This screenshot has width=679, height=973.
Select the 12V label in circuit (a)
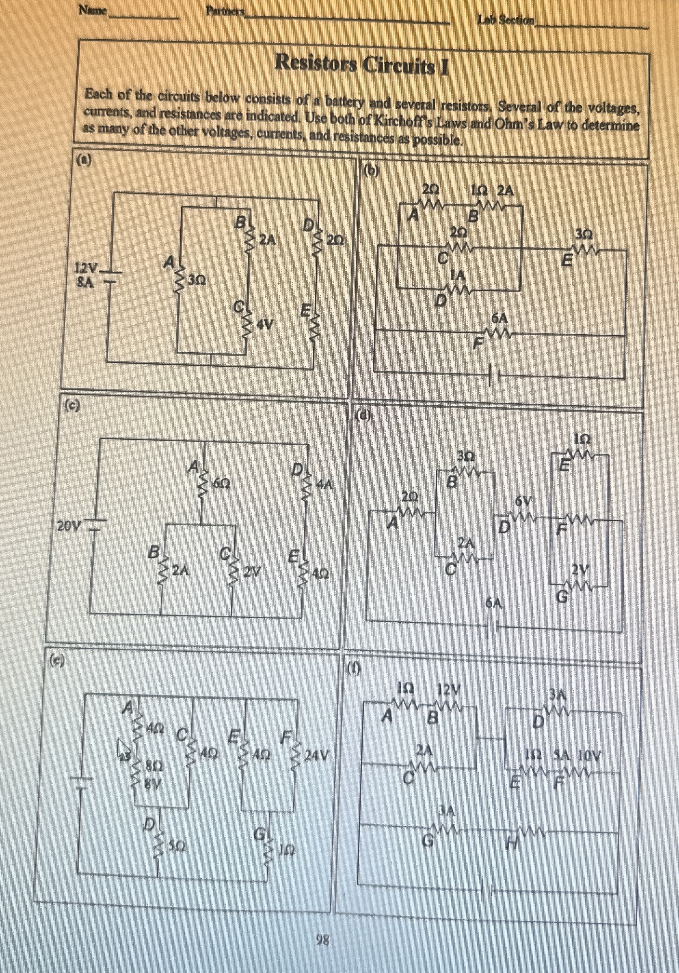click(x=86, y=268)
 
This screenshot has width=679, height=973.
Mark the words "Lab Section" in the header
click(x=506, y=19)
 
